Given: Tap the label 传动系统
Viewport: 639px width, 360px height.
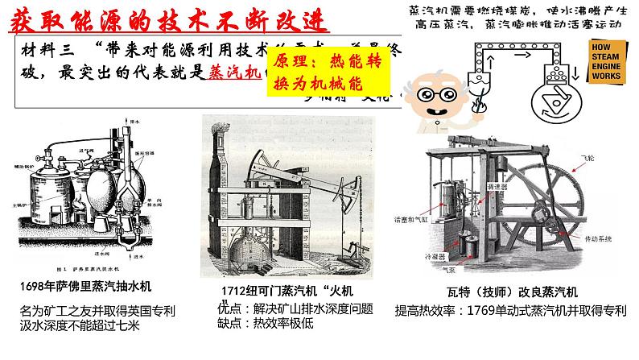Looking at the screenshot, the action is (578, 240).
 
